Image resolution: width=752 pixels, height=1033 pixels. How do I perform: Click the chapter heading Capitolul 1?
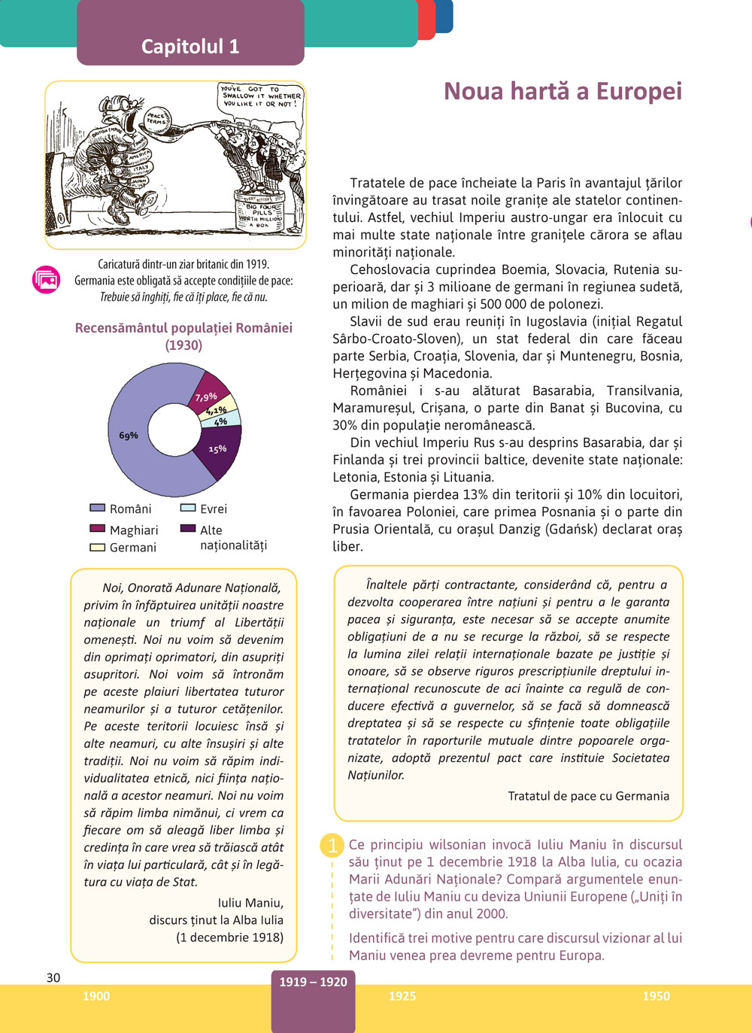190,47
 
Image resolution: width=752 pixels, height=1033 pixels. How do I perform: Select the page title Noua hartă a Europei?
562,91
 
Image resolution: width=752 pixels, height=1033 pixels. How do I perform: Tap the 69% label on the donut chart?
129,436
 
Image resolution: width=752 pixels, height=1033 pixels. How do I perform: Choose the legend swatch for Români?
97,509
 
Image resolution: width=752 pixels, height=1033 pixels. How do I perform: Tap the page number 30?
53,977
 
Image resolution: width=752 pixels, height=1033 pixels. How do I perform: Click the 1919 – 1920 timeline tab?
313,983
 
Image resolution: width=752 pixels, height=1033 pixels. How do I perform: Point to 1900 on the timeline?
96,996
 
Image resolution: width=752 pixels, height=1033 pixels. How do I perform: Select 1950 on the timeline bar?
656,996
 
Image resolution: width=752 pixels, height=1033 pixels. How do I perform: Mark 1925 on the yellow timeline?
402,996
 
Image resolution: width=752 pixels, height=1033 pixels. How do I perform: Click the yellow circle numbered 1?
332,846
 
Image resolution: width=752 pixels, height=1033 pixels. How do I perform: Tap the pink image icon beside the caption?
46,280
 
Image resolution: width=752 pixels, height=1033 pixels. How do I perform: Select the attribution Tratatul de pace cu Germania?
588,796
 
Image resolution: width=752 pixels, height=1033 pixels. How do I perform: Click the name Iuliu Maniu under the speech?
250,902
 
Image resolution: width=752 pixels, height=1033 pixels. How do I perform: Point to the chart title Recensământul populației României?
183,328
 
